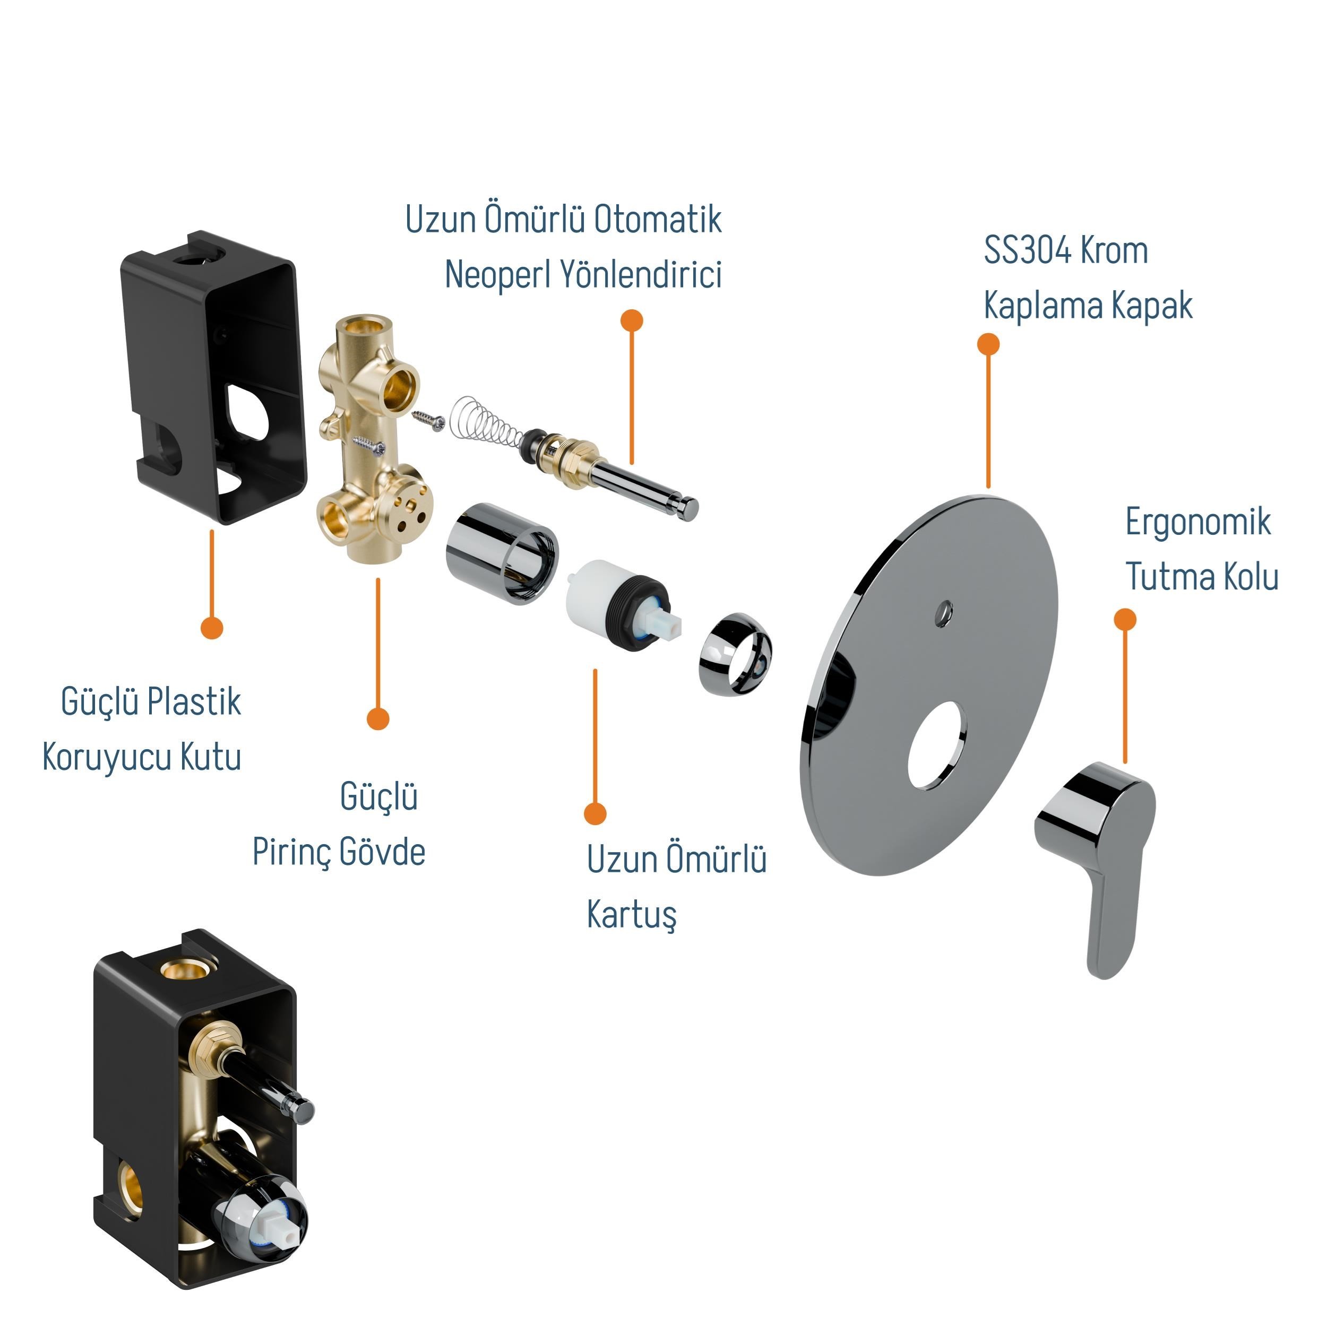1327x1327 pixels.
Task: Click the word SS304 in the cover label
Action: click(1028, 250)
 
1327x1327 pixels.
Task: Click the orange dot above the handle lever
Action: click(1125, 620)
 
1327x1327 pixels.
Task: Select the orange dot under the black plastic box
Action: click(212, 627)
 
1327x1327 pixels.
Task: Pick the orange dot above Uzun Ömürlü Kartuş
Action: click(595, 814)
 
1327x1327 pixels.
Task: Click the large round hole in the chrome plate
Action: click(937, 745)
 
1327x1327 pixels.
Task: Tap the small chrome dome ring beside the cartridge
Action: click(735, 654)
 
